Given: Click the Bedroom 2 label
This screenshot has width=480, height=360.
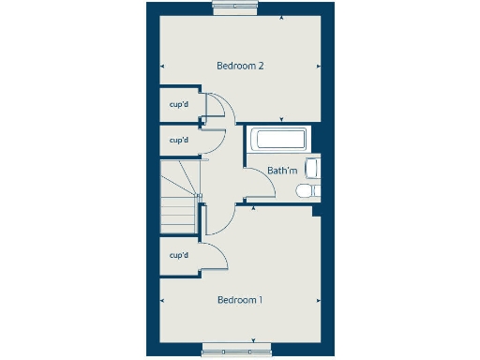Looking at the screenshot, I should [239, 66].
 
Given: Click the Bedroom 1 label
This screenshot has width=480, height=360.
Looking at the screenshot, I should [239, 300].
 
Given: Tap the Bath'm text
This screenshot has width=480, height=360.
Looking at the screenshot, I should [281, 172].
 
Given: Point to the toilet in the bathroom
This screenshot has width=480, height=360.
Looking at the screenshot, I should [307, 191].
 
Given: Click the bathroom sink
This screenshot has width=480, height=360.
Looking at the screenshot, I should [314, 169].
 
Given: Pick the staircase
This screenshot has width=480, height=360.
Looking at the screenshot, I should [177, 197].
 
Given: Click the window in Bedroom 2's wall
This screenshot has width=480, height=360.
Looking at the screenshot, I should [236, 7].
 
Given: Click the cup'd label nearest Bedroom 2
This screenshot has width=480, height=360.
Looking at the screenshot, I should [179, 104].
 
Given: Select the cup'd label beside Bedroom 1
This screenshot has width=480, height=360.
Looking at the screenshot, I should [179, 255].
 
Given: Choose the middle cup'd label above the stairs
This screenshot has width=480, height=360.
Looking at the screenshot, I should [179, 140].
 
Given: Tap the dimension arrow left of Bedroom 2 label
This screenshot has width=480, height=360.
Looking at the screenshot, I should [163, 66].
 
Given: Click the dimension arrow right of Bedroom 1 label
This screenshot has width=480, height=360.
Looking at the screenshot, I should [320, 301].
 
